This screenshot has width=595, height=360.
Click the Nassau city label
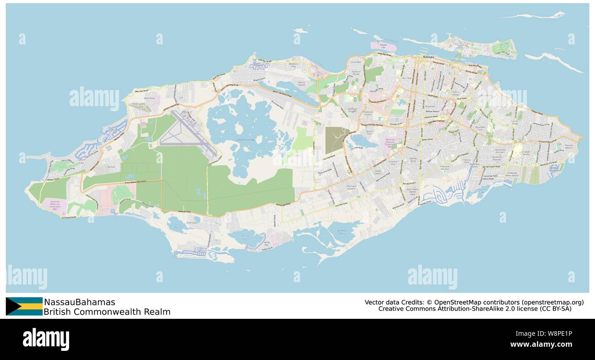pyautogui.click(x=428, y=57)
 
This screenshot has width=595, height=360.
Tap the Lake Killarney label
pyautogui.click(x=245, y=139)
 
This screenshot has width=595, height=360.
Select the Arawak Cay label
pyautogui.click(x=380, y=45)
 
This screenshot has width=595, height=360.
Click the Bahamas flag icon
pyautogui.click(x=24, y=306)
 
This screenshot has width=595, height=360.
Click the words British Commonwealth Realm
pyautogui.click(x=107, y=312)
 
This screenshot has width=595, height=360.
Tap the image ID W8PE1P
pyautogui.click(x=556, y=334)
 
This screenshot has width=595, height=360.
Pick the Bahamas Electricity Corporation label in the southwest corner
pyautogui.click(x=55, y=204)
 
